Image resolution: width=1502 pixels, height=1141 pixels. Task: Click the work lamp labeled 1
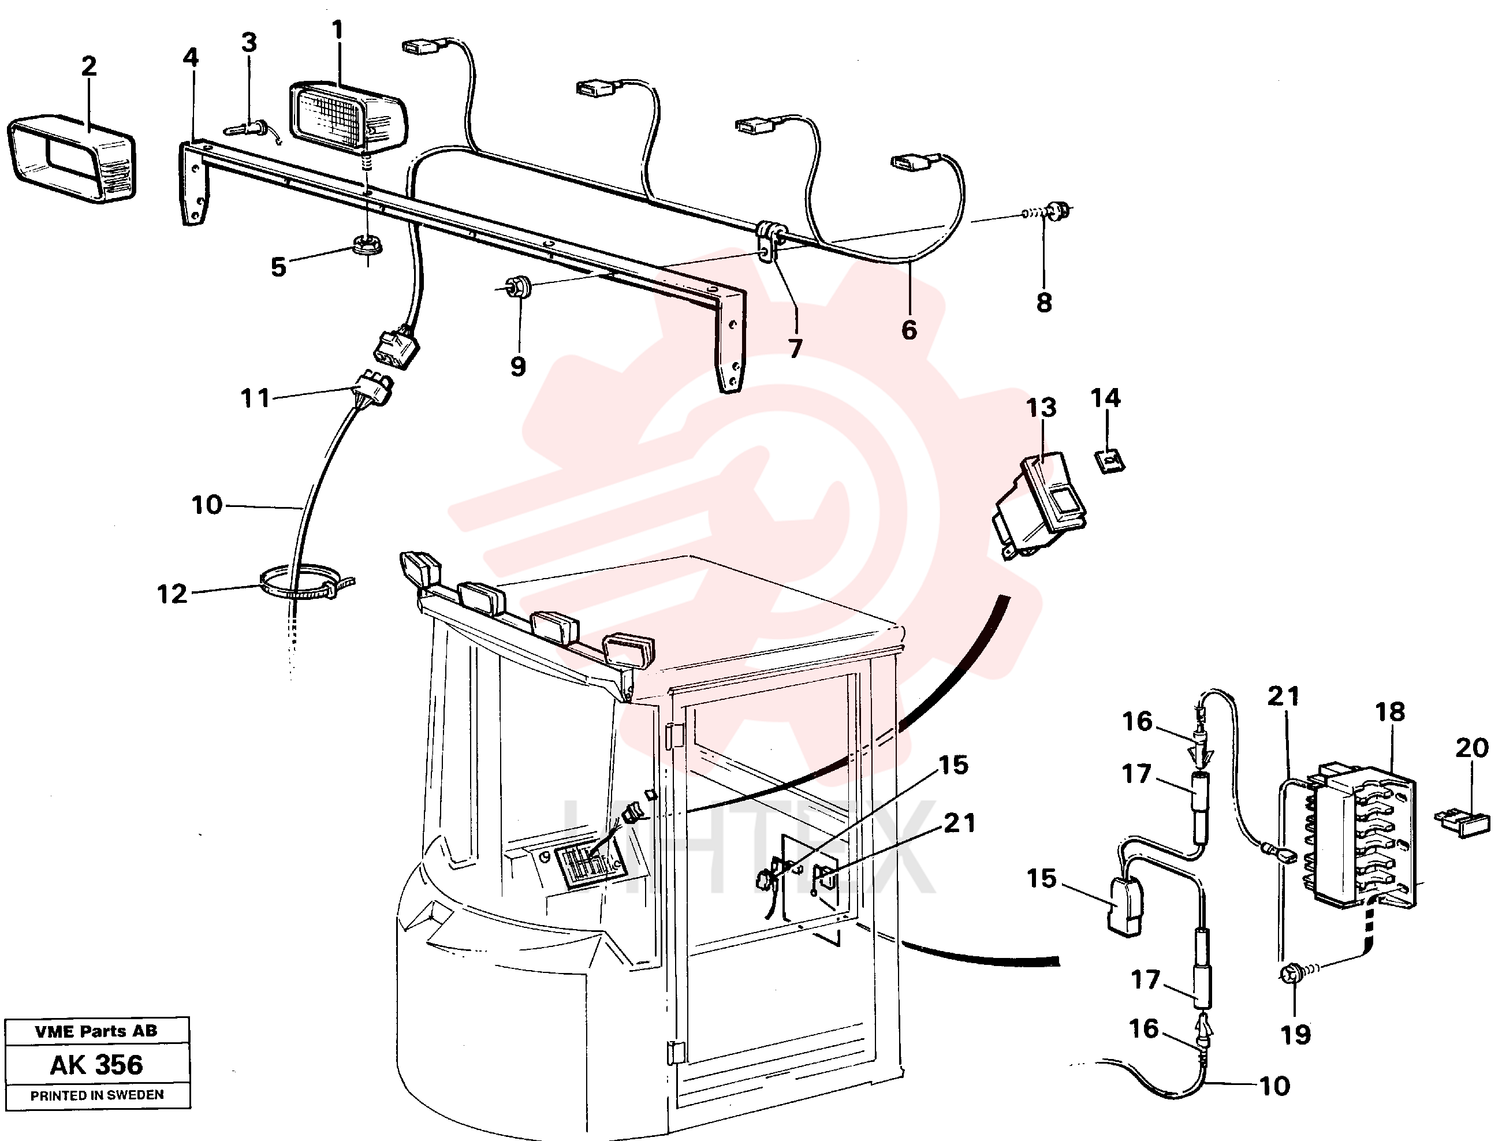[348, 119]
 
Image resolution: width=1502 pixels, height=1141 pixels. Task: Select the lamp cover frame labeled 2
[71, 161]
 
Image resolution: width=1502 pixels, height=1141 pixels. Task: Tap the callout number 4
[191, 58]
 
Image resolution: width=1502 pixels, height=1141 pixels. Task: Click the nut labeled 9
[518, 286]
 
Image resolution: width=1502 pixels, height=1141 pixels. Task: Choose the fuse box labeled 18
[1365, 836]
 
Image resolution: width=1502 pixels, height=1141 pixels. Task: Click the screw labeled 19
[1292, 975]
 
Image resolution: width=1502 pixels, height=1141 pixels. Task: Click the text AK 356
[96, 1064]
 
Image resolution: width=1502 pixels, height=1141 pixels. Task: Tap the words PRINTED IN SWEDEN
[97, 1095]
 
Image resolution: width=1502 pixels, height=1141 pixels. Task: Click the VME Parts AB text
[96, 1031]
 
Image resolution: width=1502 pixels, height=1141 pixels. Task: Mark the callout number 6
[909, 330]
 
